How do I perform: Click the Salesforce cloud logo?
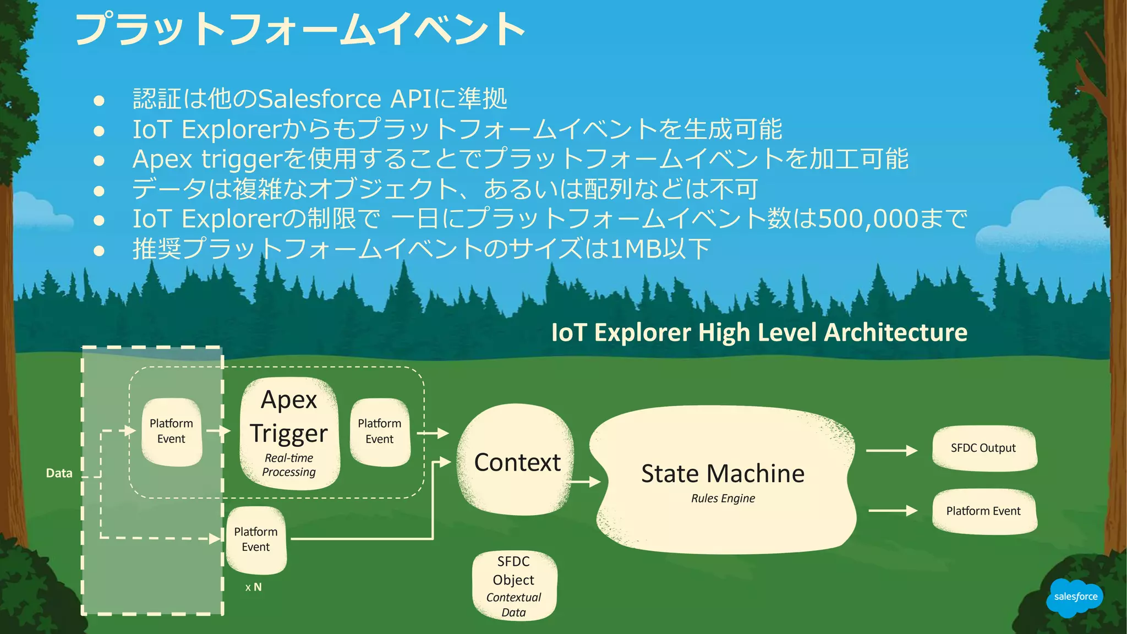click(1075, 597)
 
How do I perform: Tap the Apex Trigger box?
click(289, 433)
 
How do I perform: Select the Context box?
click(517, 461)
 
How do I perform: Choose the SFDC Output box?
click(983, 448)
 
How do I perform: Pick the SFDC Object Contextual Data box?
click(513, 586)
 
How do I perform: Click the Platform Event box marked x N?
click(256, 539)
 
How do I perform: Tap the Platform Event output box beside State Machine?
click(983, 511)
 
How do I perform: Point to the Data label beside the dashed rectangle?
click(59, 473)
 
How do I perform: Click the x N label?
click(253, 587)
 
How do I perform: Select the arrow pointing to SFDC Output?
click(891, 451)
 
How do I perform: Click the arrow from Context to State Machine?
click(584, 482)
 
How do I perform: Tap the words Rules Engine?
click(723, 499)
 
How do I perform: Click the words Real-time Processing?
click(289, 465)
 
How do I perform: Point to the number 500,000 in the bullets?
click(868, 219)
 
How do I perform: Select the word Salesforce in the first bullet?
click(319, 99)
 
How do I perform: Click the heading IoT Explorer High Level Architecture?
click(759, 332)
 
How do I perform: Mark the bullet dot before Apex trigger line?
click(99, 160)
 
